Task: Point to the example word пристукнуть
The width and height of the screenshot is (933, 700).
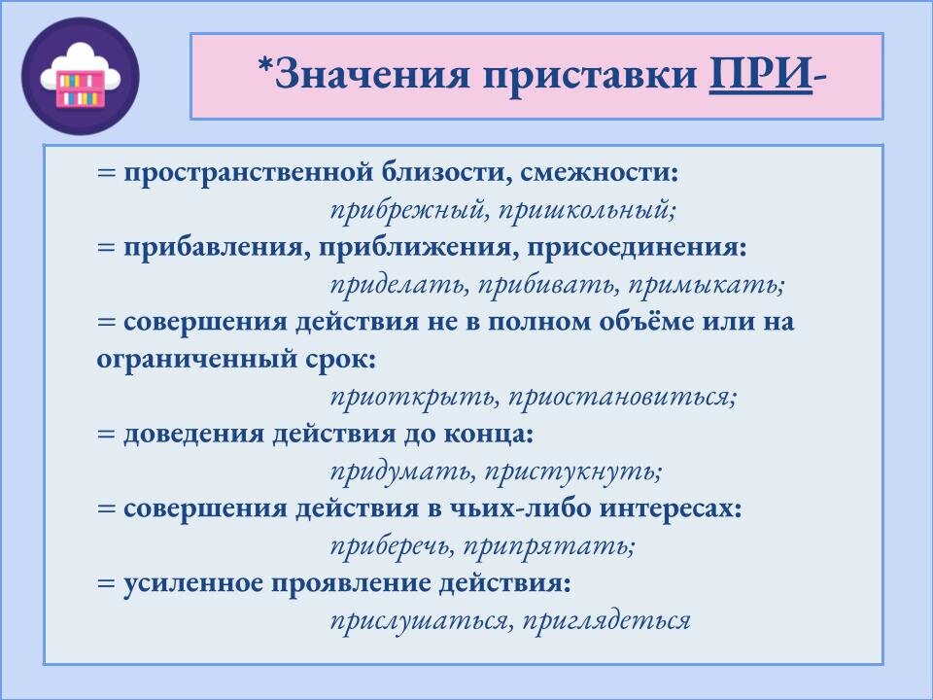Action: (x=568, y=472)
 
